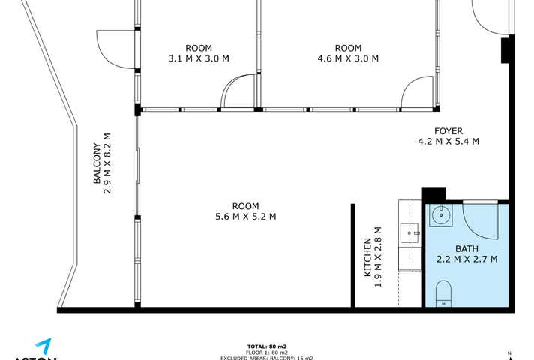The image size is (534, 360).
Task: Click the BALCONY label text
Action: pyautogui.click(x=96, y=163)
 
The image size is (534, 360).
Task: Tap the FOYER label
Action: pyautogui.click(x=448, y=130)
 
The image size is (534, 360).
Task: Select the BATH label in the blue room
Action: pyautogui.click(x=466, y=248)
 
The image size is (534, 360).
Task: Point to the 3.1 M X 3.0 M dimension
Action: pyautogui.click(x=199, y=58)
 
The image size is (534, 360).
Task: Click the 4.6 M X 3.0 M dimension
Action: pyautogui.click(x=348, y=58)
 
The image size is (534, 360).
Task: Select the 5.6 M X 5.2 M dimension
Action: pyautogui.click(x=245, y=217)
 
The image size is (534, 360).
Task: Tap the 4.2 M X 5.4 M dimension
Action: pyautogui.click(x=448, y=141)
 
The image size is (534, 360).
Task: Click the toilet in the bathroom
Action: pyautogui.click(x=443, y=292)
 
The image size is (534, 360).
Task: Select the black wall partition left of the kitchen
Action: pyautogui.click(x=352, y=255)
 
